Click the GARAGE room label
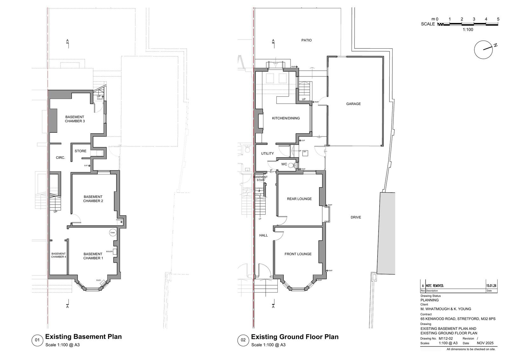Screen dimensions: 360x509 click(x=353, y=104)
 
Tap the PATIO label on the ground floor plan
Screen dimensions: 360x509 click(x=306, y=40)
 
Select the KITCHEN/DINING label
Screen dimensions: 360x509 click(x=286, y=118)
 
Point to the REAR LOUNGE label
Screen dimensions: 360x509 click(x=299, y=199)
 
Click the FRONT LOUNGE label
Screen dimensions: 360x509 click(x=298, y=254)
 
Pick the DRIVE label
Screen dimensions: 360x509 click(x=356, y=217)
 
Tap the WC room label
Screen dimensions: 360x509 click(x=284, y=165)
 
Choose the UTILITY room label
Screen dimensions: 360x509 click(x=267, y=153)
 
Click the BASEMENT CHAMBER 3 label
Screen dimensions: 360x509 click(x=75, y=119)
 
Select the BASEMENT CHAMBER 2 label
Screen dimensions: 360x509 click(x=93, y=199)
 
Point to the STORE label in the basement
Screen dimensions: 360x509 click(x=80, y=151)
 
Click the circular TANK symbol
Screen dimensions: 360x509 click(x=113, y=233)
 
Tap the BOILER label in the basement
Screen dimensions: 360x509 click(x=109, y=251)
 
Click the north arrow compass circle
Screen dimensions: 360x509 click(x=483, y=50)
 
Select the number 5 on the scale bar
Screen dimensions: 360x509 click(x=498, y=19)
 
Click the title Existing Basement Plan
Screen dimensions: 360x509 click(x=83, y=337)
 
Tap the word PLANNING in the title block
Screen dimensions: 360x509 click(x=429, y=300)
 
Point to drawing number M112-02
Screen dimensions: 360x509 click(x=446, y=339)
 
